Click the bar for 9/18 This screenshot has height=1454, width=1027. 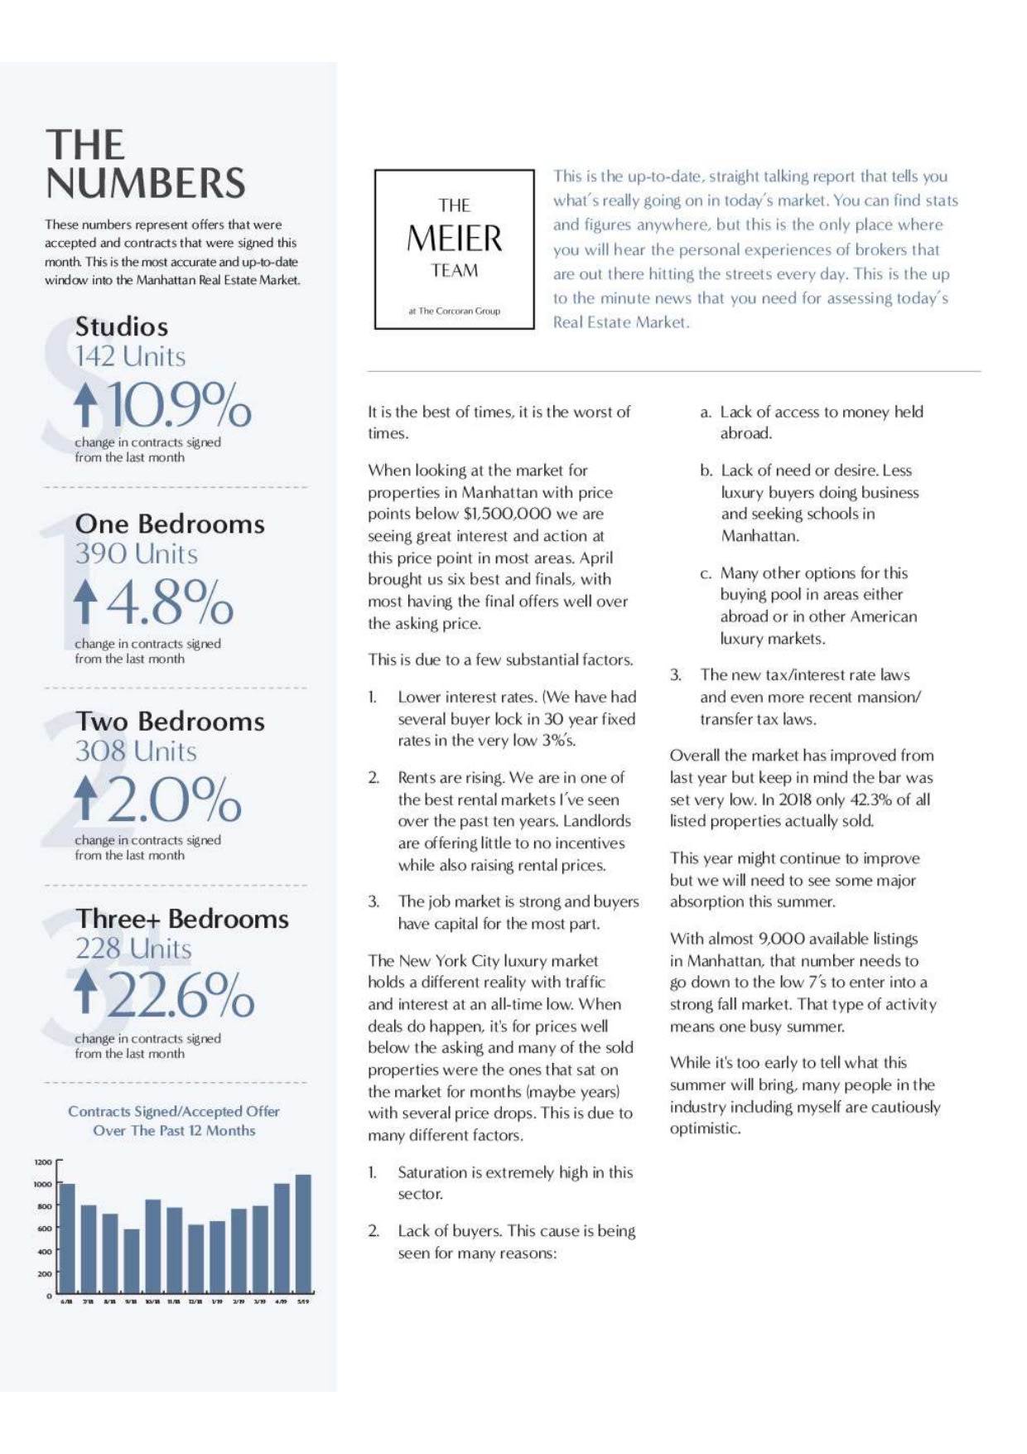132,1260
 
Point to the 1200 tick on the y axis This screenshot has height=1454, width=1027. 42,1162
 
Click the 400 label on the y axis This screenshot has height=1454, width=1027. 43,1251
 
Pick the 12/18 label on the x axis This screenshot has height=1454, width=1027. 195,1302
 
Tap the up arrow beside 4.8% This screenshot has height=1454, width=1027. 84,601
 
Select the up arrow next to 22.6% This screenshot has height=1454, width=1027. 84,993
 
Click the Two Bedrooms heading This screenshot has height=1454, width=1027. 170,721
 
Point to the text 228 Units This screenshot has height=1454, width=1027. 133,949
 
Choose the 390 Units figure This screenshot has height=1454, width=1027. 137,553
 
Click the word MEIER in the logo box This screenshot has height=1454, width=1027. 454,239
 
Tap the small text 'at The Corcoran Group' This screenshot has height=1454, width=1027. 454,311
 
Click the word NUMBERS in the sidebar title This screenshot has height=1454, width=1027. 146,183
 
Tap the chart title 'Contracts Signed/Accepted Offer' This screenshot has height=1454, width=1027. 174,1111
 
